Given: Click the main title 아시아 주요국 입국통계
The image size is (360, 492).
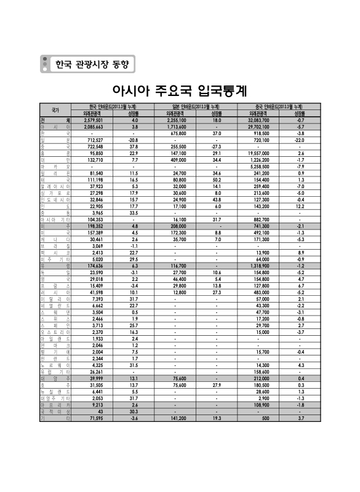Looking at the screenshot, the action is (180, 91).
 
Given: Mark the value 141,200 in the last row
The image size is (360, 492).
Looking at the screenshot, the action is (177, 418).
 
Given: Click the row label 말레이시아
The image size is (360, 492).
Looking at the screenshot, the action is (55, 186).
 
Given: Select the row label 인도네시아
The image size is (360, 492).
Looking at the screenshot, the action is (55, 199).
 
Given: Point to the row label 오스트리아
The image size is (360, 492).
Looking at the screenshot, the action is (55, 331).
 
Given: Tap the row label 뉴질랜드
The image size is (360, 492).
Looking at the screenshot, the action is (55, 391).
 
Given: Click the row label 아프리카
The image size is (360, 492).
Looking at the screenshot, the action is (55, 404).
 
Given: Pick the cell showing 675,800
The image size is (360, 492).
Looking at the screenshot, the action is (177, 133).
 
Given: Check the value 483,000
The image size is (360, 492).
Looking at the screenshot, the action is (260, 292).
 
